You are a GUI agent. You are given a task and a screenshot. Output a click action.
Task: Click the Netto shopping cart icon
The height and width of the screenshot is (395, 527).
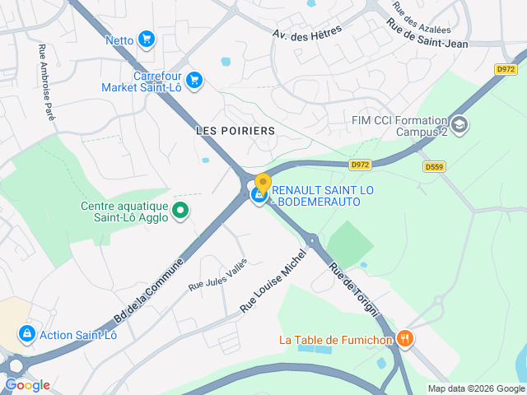[147, 39]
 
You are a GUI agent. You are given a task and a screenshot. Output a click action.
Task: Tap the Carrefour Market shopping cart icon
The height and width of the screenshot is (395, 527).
[194, 80]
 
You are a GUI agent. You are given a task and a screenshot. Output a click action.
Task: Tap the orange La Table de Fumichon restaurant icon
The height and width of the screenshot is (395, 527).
[404, 338]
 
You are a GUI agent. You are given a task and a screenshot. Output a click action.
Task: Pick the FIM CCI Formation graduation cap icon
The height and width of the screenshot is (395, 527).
[459, 125]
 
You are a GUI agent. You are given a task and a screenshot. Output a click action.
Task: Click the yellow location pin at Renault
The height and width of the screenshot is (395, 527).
[263, 184]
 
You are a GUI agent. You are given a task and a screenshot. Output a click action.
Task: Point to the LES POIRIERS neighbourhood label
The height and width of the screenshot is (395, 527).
[236, 131]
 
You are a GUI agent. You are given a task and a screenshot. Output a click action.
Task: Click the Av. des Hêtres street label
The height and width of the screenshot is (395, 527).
[307, 30]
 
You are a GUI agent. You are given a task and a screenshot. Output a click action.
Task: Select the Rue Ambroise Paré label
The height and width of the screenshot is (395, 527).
[47, 83]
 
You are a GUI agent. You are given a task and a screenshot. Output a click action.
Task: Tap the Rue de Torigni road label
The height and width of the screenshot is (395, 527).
[354, 290]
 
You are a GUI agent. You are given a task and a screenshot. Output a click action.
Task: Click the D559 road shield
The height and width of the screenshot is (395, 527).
[435, 166]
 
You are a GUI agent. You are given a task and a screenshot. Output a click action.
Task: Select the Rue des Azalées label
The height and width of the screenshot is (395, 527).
[422, 12]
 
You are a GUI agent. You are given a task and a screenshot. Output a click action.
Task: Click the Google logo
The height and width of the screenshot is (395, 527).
[27, 384]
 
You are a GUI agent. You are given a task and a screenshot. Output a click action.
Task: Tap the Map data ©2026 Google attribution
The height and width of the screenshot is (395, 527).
[475, 388]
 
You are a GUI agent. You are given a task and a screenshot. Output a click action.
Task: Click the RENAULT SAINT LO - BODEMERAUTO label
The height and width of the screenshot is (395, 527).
[323, 195]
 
